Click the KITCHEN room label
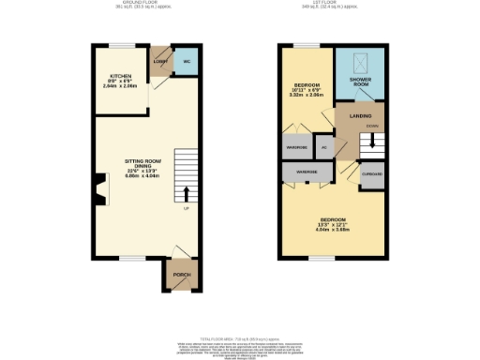(121, 75)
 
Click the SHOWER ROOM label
(360, 81)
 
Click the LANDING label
(360, 115)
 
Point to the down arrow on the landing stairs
(372, 142)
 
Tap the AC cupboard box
(324, 147)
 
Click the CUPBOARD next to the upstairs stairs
(372, 174)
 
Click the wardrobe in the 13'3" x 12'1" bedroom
(306, 173)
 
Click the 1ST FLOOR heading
(333, 4)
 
